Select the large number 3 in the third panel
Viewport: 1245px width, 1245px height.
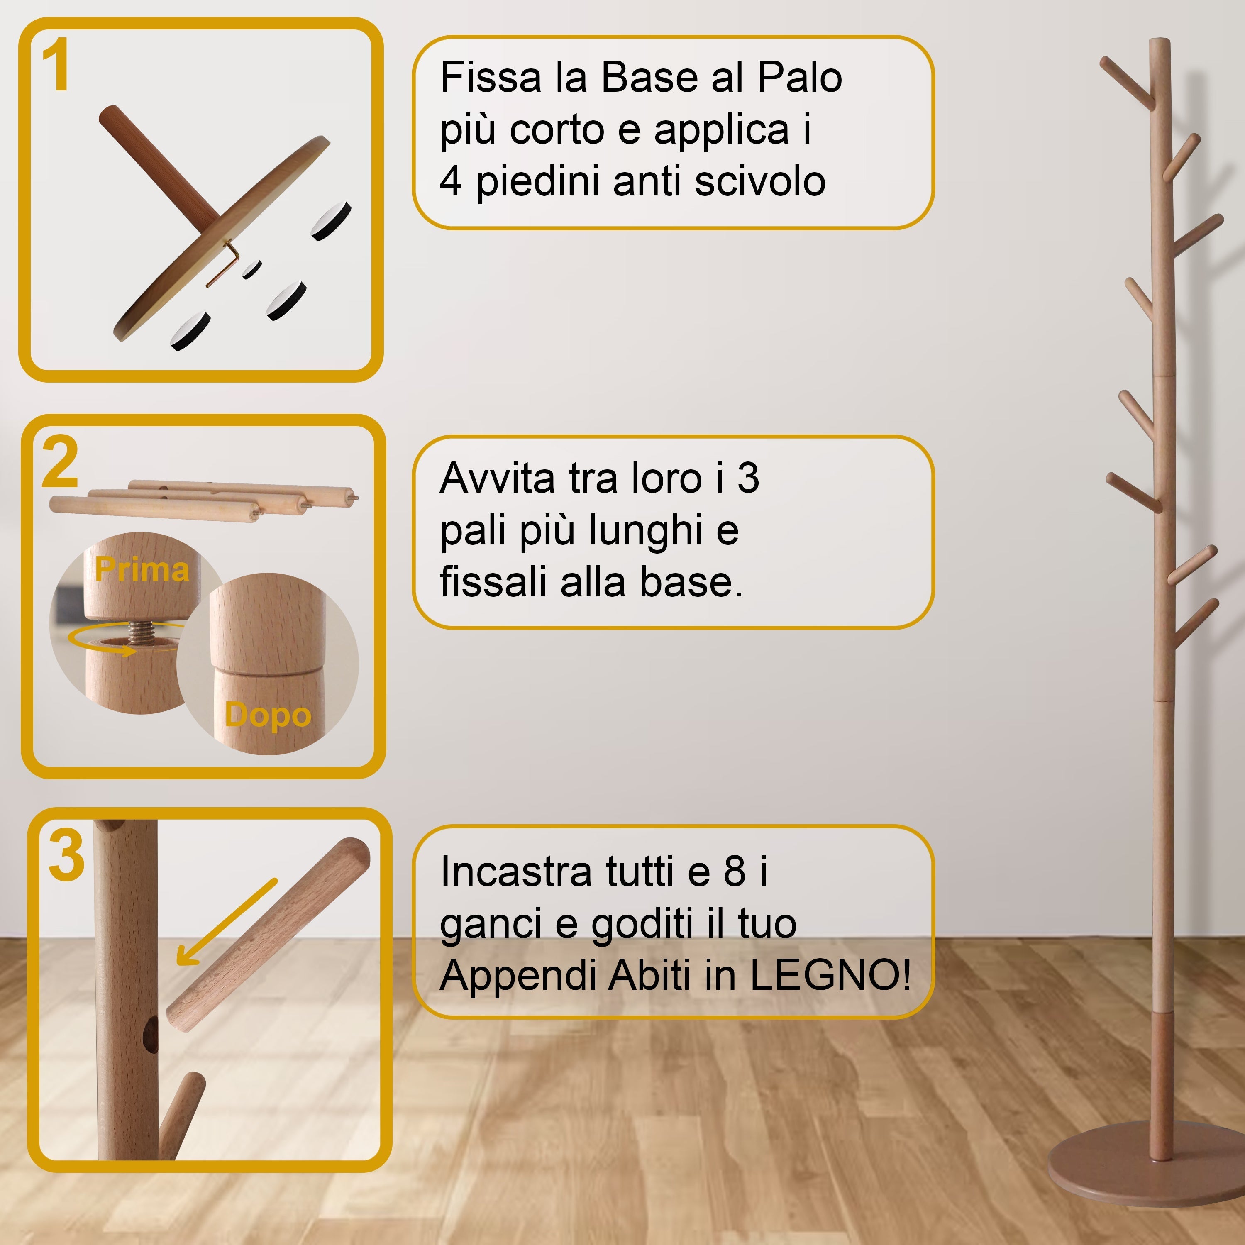[x=66, y=856]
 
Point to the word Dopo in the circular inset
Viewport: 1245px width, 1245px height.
[x=268, y=715]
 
